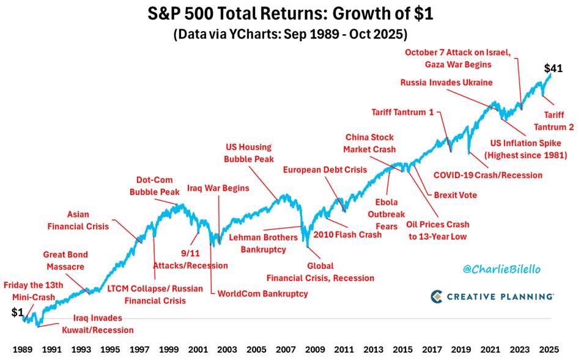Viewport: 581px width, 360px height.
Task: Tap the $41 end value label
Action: point(553,68)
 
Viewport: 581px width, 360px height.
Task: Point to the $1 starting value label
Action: point(17,312)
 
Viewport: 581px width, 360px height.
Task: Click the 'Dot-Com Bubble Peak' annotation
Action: point(155,186)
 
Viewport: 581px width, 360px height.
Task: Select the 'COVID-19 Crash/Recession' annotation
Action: point(488,175)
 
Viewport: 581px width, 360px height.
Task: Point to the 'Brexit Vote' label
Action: point(456,195)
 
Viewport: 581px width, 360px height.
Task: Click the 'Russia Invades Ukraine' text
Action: point(446,83)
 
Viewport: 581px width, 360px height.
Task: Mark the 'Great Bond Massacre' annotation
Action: point(65,260)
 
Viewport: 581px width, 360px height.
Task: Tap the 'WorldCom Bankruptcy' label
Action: point(262,293)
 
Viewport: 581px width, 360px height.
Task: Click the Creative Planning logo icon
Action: point(437,296)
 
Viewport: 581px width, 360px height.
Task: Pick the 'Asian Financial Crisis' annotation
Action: point(87,220)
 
